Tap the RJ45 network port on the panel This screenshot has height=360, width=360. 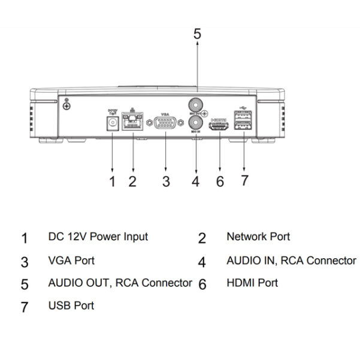(132, 123)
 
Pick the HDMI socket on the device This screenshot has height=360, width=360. (219, 127)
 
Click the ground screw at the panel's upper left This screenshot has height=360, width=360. (67, 106)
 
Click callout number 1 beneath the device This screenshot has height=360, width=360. (112, 181)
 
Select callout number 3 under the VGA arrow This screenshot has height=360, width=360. (166, 181)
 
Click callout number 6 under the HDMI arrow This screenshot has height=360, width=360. (220, 181)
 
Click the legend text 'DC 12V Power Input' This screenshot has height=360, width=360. (98, 237)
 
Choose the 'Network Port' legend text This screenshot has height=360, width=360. (258, 236)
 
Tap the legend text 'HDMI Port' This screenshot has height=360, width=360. (252, 282)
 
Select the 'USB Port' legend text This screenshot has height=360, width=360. (71, 305)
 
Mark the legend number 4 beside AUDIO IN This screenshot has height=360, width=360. (202, 262)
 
